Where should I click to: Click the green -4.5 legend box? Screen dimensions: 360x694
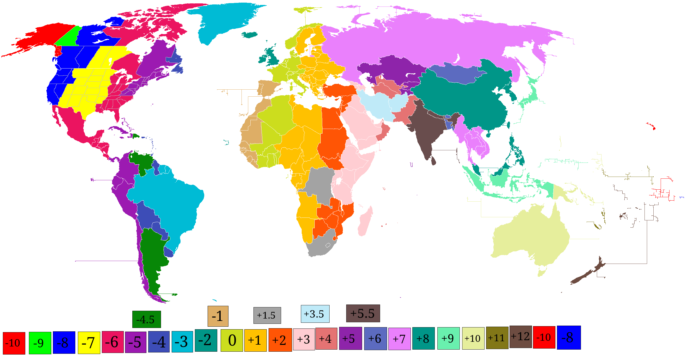pyautogui.click(x=146, y=319)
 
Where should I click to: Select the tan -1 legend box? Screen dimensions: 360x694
pyautogui.click(x=218, y=316)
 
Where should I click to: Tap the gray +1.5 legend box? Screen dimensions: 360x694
pyautogui.click(x=267, y=315)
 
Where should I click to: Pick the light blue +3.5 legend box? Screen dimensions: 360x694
pyautogui.click(x=315, y=314)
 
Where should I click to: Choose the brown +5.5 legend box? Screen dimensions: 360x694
pyautogui.click(x=363, y=313)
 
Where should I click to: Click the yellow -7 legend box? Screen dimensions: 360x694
pyautogui.click(x=89, y=343)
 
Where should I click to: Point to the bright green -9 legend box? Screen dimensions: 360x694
pyautogui.click(x=40, y=343)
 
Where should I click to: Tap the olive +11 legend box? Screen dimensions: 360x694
pyautogui.click(x=497, y=338)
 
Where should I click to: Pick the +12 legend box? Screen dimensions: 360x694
pyautogui.click(x=520, y=337)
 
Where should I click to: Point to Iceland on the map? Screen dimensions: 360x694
pyautogui.click(x=250, y=35)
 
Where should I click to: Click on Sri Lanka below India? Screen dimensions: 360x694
pyautogui.click(x=433, y=161)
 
